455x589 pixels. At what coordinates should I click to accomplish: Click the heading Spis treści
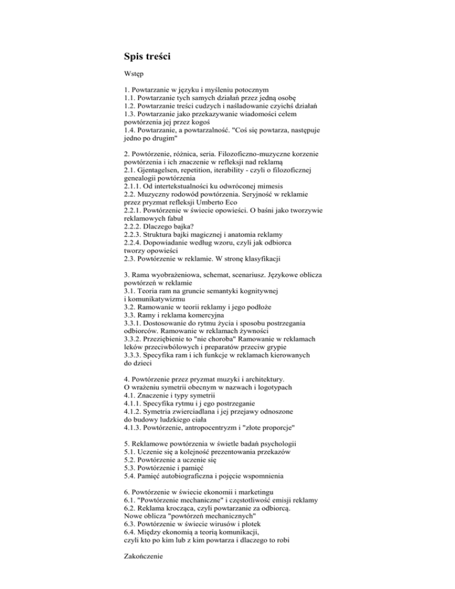tap(148, 57)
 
